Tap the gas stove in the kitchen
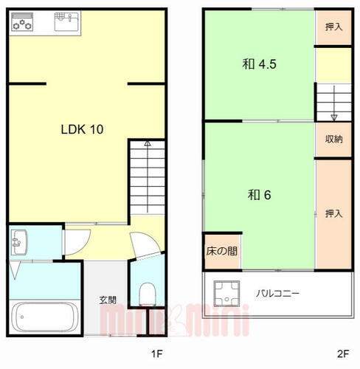23,24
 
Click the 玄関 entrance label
108,300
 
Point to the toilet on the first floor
148,293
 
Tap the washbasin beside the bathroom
19,241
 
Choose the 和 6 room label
260,196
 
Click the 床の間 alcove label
221,251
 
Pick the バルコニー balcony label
277,293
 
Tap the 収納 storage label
333,139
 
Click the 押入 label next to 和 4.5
333,27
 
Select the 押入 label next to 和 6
333,214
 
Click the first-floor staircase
147,177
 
